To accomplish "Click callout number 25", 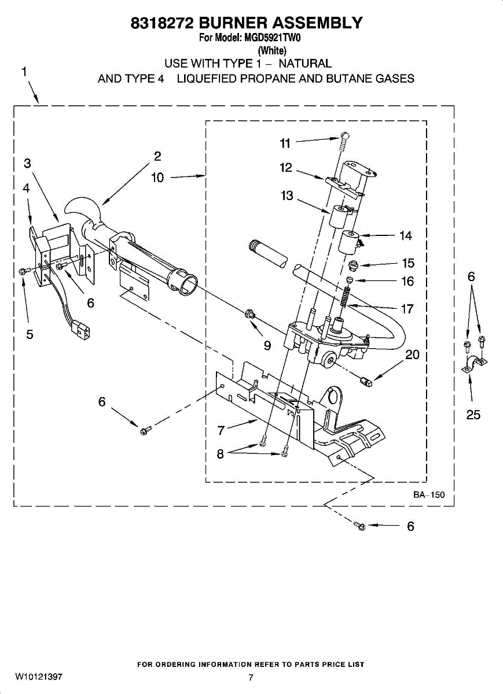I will click(473, 415).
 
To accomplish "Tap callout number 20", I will click(412, 355).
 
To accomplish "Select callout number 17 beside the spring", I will click(407, 309).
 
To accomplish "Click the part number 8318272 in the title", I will click(163, 23).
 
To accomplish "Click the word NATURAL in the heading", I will click(304, 64).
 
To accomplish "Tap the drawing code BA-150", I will click(429, 495).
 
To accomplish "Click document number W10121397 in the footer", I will click(39, 677).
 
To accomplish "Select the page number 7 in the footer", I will click(251, 677).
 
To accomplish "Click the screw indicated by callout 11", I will click(344, 138).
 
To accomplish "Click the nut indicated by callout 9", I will click(250, 314).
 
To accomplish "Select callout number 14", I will click(405, 235).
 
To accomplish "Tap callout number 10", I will click(157, 178).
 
